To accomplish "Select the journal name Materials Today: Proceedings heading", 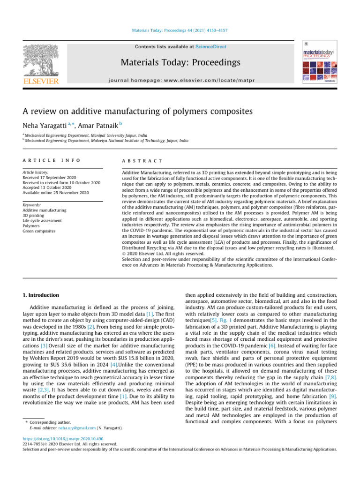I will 180,63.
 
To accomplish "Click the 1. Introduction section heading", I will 41,295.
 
